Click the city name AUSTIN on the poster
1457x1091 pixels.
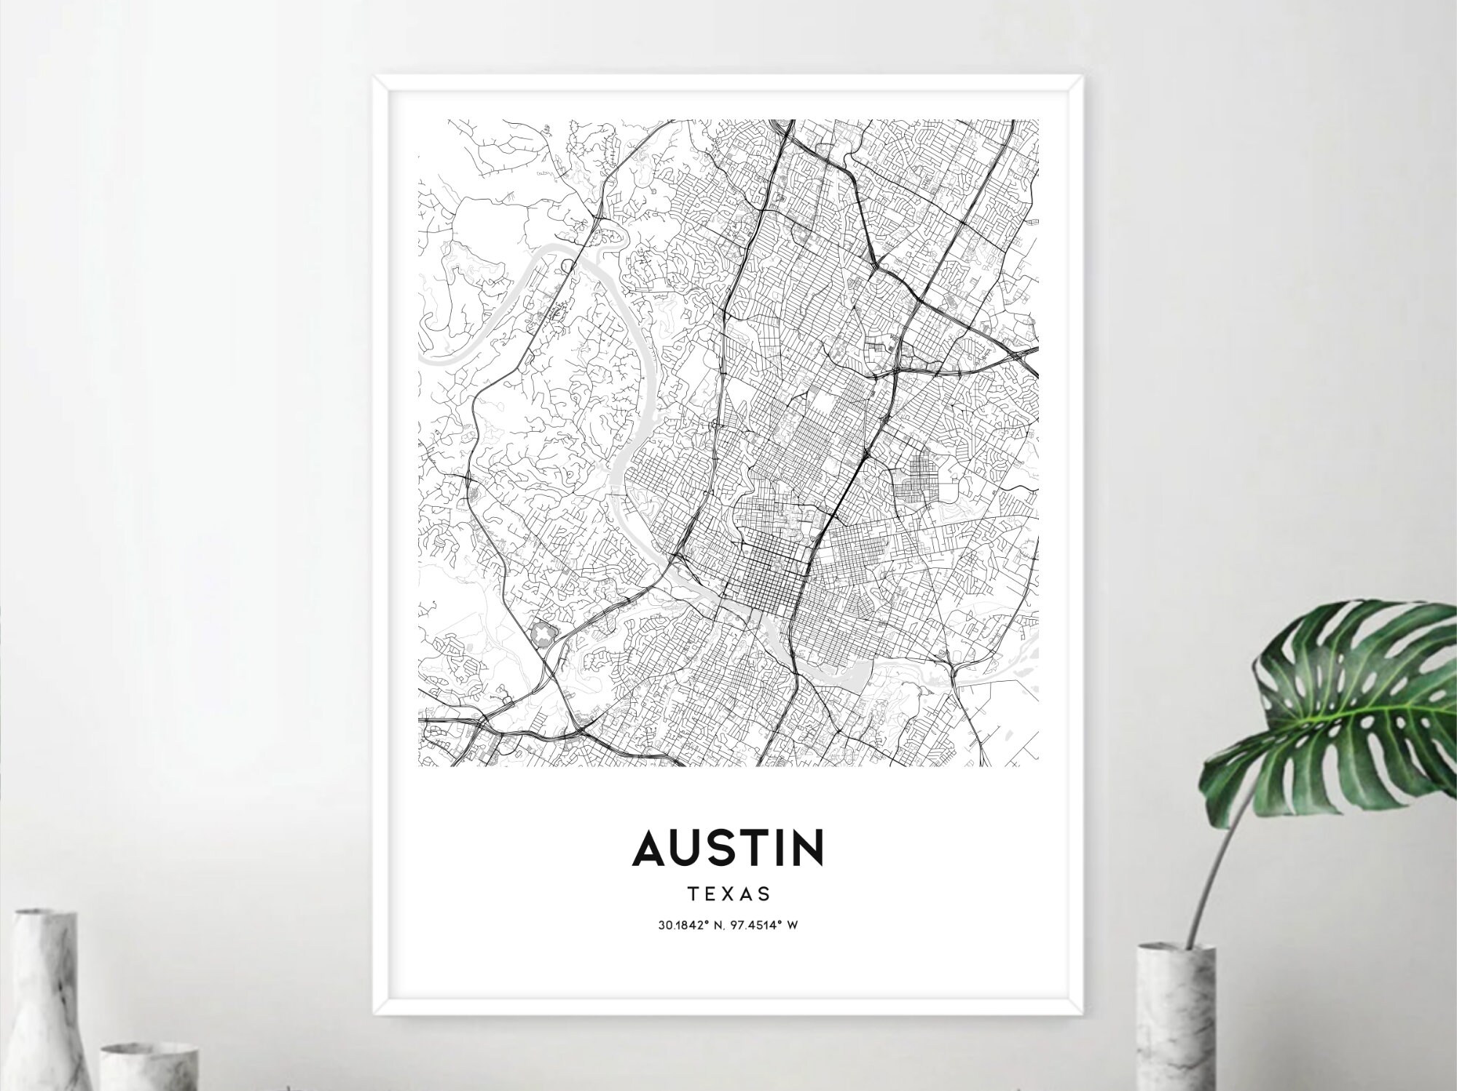[x=728, y=848]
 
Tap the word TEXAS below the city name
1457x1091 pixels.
[x=728, y=894]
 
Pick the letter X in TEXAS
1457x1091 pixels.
[x=726, y=894]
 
